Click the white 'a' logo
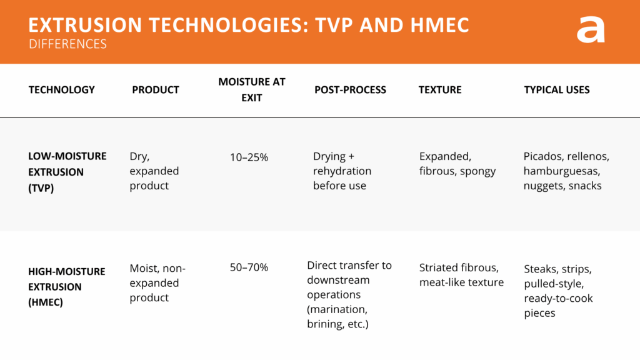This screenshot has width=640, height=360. pyautogui.click(x=591, y=29)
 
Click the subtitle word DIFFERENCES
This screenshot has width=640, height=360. pyautogui.click(x=67, y=44)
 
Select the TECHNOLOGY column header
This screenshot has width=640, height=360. pyautogui.click(x=62, y=90)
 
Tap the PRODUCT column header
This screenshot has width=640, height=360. pyautogui.click(x=156, y=90)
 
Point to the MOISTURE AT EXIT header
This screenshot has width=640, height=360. pyautogui.click(x=251, y=89)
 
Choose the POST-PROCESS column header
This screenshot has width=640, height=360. pyautogui.click(x=350, y=90)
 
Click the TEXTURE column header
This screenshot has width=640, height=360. pyautogui.click(x=440, y=90)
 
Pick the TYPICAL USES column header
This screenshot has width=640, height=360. pyautogui.click(x=557, y=90)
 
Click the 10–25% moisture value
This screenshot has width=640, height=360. pyautogui.click(x=249, y=157)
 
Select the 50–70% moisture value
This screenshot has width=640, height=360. pyautogui.click(x=249, y=267)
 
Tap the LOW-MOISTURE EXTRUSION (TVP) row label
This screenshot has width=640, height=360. pyautogui.click(x=67, y=171)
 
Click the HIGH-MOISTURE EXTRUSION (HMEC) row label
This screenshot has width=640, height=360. pyautogui.click(x=67, y=287)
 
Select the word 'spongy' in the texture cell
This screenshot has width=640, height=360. pyautogui.click(x=477, y=171)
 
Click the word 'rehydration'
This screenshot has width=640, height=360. pyautogui.click(x=342, y=171)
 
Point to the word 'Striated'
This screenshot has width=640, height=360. pyautogui.click(x=440, y=268)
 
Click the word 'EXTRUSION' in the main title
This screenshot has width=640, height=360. pyautogui.click(x=84, y=26)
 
